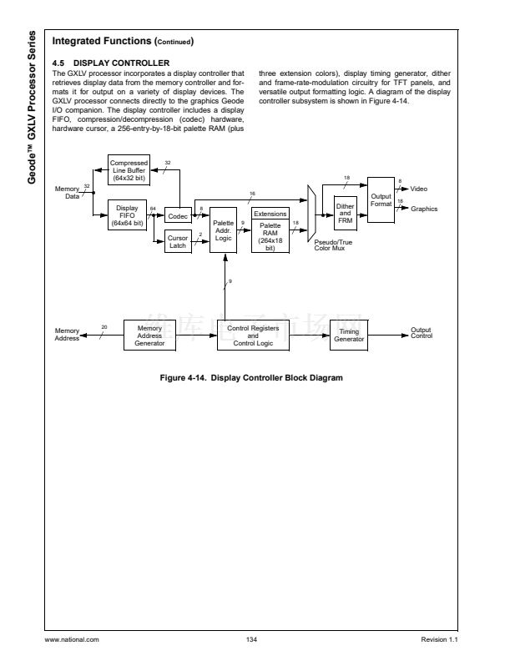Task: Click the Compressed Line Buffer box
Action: (129, 169)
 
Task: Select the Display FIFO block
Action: (128, 214)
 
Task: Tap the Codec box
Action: (177, 216)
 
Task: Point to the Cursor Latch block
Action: (177, 242)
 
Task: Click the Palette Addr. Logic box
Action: (223, 229)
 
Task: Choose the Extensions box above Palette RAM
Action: (270, 214)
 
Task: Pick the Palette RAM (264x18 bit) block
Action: (270, 236)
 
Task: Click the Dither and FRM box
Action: (345, 213)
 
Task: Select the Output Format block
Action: (381, 199)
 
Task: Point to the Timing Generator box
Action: (349, 336)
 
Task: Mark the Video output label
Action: (419, 189)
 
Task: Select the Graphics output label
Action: (424, 209)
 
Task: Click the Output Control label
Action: (422, 334)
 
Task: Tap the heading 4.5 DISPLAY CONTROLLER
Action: (111, 63)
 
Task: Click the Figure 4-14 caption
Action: (251, 378)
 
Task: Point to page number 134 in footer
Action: (251, 639)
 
